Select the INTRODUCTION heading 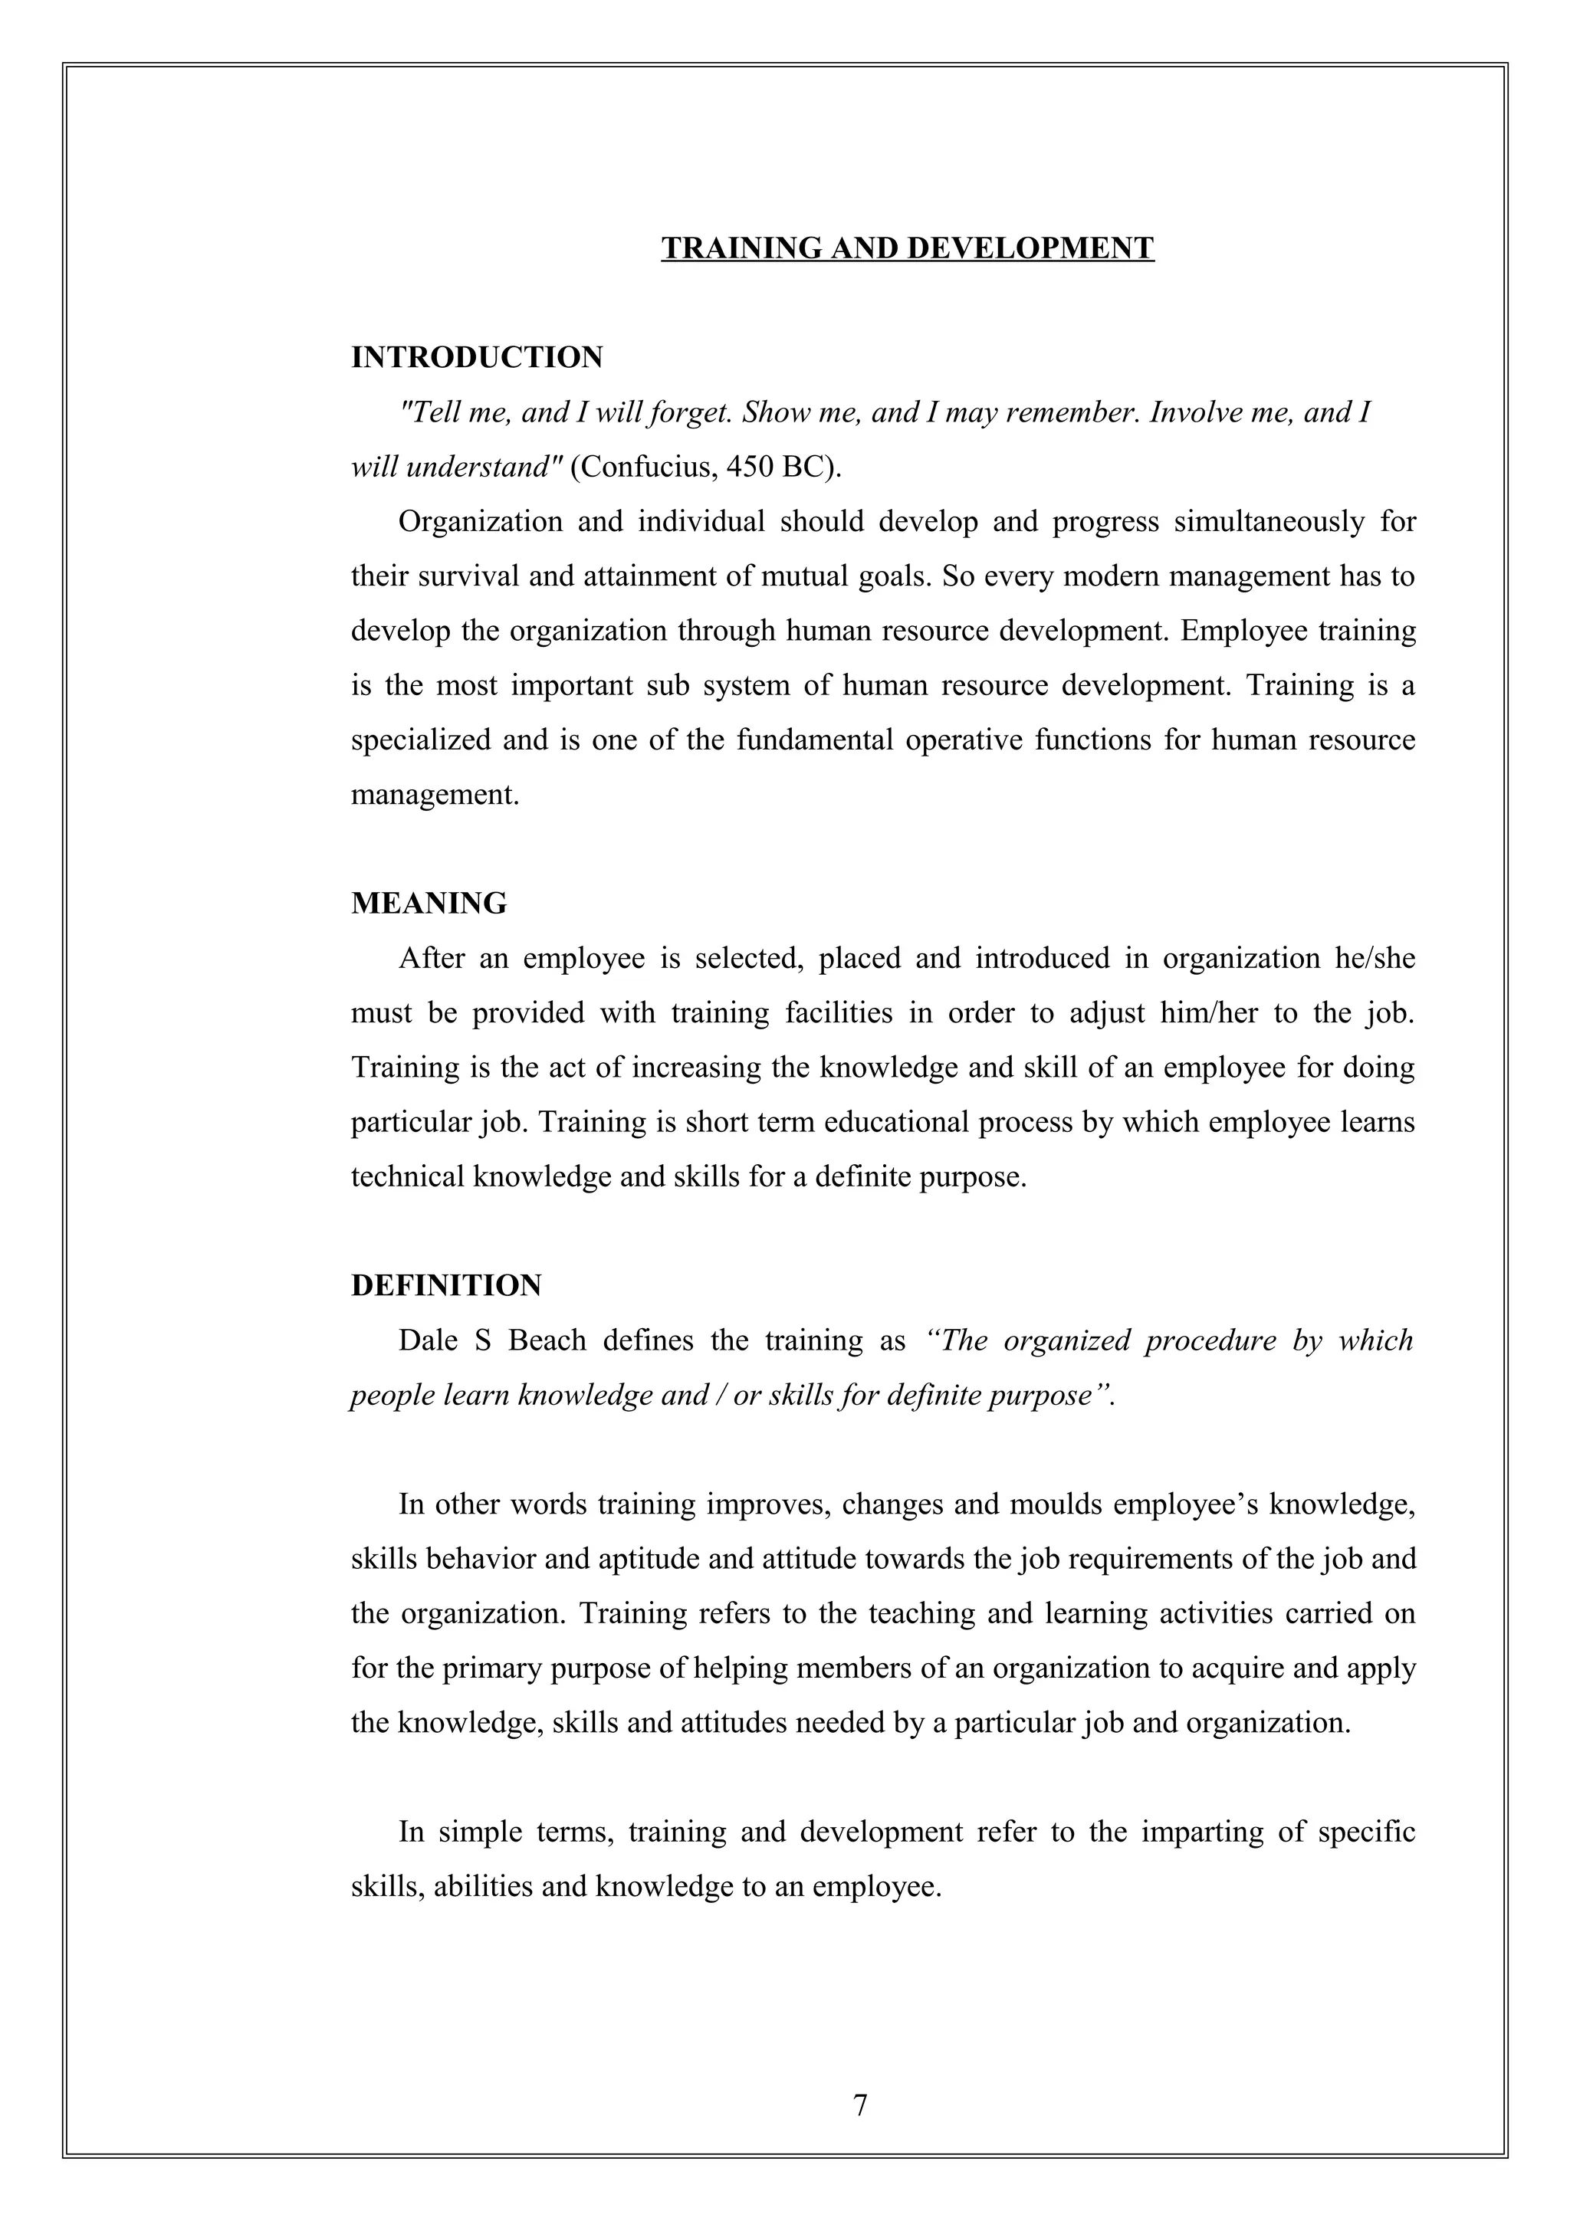(x=476, y=358)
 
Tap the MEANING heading (x=429, y=904)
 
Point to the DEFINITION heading (x=446, y=1285)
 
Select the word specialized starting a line (x=421, y=741)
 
